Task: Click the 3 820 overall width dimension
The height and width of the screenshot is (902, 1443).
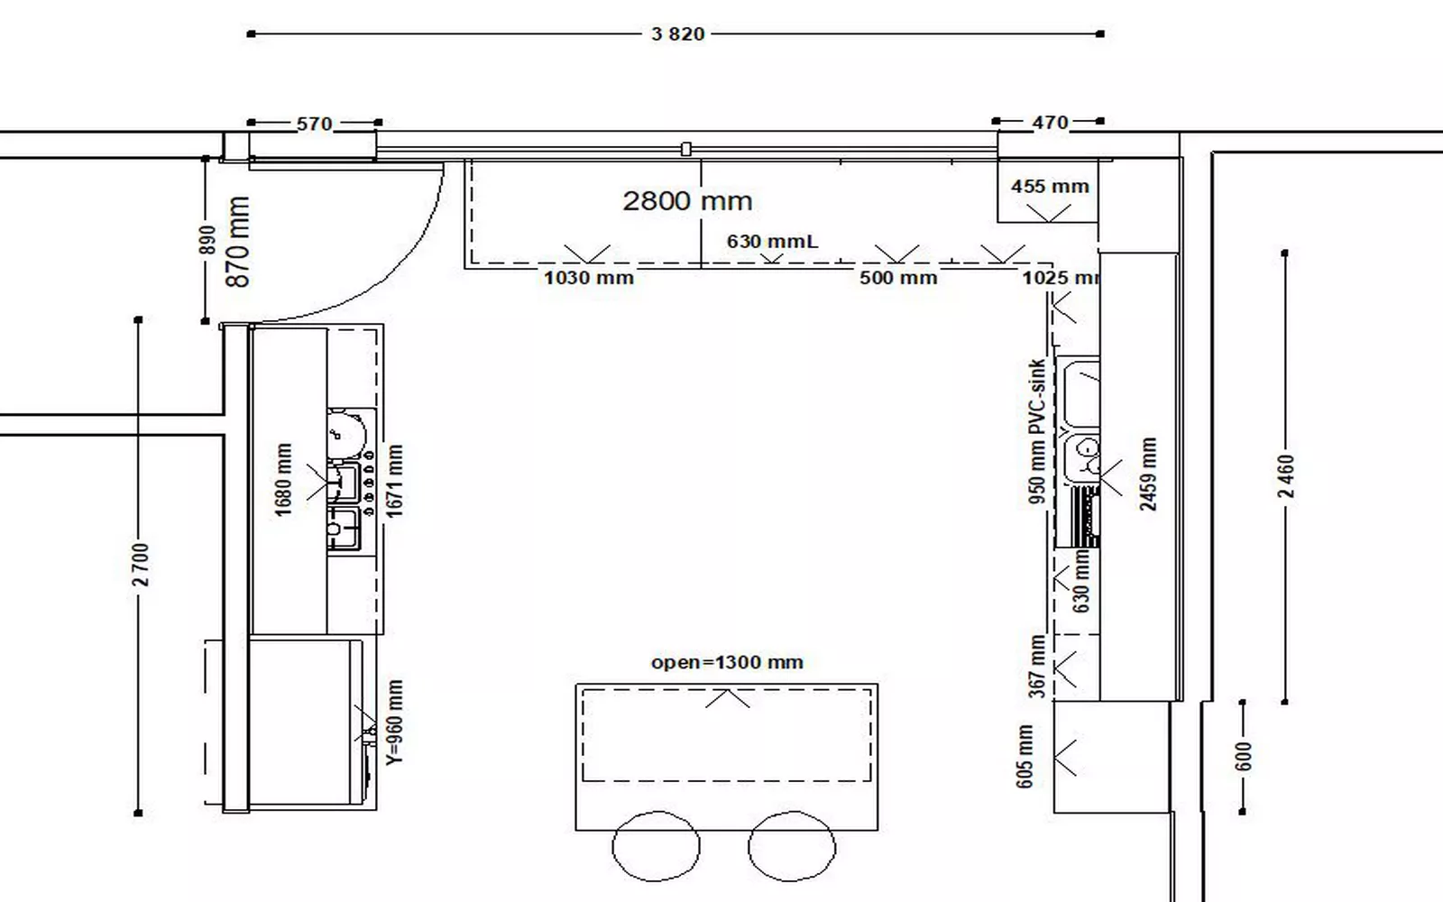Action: point(677,33)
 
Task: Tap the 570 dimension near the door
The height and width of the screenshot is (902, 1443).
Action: point(315,123)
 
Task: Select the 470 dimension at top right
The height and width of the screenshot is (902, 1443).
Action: point(1050,122)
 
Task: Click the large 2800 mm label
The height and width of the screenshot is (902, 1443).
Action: point(687,201)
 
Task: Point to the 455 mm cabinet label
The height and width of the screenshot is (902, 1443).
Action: point(1050,186)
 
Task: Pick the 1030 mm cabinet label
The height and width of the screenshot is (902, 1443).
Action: point(589,278)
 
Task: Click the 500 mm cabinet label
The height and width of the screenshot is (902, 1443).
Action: point(898,278)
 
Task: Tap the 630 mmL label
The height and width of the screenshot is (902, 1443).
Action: point(772,241)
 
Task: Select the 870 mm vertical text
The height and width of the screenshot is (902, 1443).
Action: point(238,242)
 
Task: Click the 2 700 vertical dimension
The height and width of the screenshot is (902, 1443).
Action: point(141,565)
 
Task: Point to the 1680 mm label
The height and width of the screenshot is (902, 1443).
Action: point(283,480)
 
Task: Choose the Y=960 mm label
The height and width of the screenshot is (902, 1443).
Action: point(394,723)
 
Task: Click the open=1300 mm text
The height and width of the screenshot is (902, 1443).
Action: point(727,662)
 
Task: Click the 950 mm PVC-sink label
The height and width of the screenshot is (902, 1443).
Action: point(1036,431)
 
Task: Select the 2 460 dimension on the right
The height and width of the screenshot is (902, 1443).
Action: point(1285,476)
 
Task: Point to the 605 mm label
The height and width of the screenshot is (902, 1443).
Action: point(1025,757)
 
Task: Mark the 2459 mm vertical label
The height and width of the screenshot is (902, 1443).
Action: point(1148,474)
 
